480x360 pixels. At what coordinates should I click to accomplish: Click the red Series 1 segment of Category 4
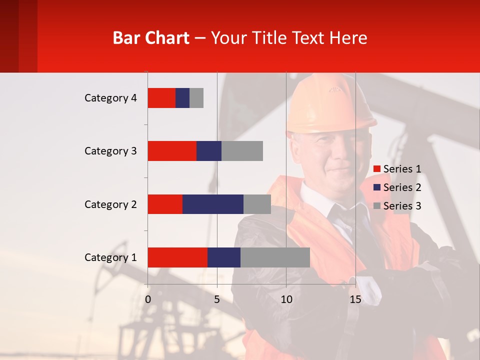161,98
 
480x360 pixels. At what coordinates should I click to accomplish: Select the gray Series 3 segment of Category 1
275,257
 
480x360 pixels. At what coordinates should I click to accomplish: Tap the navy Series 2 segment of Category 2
213,204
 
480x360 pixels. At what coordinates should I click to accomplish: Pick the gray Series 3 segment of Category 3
242,151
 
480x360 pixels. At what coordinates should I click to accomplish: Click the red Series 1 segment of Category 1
177,257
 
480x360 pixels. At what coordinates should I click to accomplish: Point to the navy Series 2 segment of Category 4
182,98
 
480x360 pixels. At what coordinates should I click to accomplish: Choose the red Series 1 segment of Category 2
165,204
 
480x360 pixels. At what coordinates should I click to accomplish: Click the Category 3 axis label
110,151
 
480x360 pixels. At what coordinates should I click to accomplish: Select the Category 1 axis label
110,257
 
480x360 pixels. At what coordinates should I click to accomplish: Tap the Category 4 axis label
110,98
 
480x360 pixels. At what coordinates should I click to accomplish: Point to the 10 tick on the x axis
286,299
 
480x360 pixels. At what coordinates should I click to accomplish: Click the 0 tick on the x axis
148,299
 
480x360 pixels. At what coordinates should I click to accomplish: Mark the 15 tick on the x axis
355,299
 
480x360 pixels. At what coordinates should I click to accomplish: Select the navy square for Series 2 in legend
377,187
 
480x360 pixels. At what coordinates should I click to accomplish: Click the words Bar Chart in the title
151,37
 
